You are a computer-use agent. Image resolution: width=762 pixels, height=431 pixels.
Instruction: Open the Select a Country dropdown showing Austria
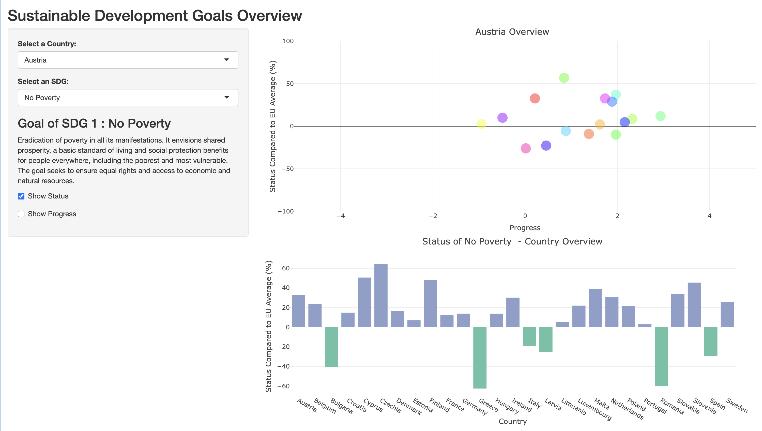tap(128, 60)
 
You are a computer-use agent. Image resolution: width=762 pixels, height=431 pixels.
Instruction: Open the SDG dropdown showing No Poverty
tap(128, 98)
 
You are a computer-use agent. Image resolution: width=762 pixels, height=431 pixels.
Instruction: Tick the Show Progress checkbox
tap(21, 214)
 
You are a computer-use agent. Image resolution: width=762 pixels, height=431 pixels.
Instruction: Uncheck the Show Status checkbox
tap(21, 196)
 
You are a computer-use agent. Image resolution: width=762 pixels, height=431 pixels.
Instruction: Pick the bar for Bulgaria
tap(331, 347)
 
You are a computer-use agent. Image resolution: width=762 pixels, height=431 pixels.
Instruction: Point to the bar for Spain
tap(710, 342)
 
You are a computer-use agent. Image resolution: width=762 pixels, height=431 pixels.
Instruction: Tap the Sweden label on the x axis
tap(737, 406)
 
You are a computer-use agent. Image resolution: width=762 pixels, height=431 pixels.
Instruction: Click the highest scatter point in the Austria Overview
tap(564, 78)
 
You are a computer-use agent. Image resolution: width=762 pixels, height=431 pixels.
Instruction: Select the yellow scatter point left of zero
tap(481, 124)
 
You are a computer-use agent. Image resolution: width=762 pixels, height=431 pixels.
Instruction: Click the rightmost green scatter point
tap(660, 116)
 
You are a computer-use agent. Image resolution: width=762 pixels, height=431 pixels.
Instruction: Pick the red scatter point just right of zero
tap(535, 98)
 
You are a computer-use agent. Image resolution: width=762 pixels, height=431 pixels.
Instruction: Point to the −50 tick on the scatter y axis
tap(287, 169)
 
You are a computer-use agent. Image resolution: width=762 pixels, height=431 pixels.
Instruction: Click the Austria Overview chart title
tap(512, 32)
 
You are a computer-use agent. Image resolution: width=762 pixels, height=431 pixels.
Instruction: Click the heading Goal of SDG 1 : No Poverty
tap(94, 124)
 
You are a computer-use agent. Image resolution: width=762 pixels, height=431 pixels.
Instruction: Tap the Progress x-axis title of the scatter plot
tap(525, 228)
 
